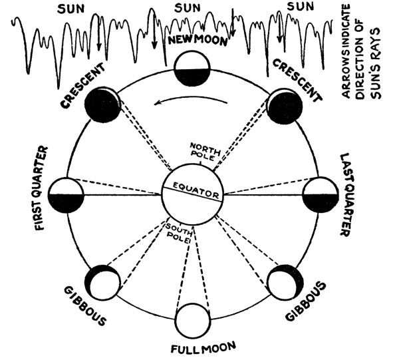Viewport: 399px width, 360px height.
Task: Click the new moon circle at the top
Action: point(193,69)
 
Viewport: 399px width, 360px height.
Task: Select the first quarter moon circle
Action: point(65,194)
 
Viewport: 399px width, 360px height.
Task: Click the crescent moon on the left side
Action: point(104,104)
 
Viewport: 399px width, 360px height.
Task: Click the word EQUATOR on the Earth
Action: point(193,194)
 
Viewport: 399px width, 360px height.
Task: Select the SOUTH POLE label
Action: point(179,234)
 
